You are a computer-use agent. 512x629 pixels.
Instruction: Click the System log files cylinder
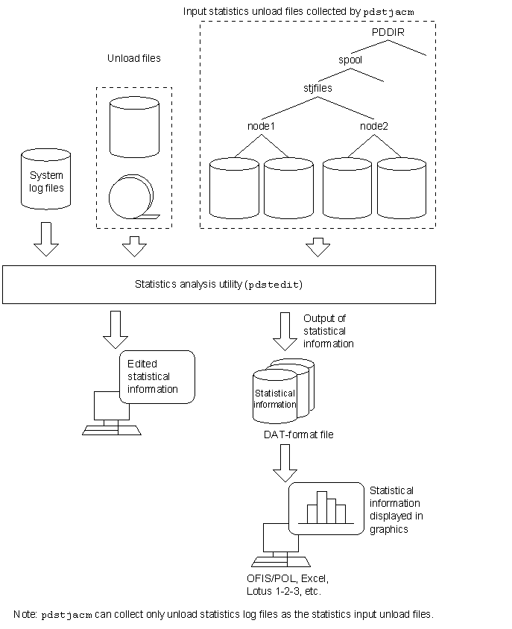[x=45, y=179]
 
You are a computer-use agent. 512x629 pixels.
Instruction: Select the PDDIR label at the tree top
[x=388, y=33]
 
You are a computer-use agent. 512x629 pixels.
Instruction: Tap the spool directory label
[x=350, y=60]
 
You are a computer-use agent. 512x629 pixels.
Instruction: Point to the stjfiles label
[x=317, y=88]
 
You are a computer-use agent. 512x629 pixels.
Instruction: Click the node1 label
[x=261, y=126]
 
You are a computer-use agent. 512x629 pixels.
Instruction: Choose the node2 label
[x=374, y=126]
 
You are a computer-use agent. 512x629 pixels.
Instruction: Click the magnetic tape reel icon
[x=133, y=197]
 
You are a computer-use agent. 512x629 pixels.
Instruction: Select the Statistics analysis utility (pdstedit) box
[x=219, y=285]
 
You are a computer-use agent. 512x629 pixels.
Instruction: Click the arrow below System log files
[x=46, y=239]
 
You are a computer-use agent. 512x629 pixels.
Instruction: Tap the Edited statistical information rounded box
[x=157, y=376]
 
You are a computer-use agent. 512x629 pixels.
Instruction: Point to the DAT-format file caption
[x=299, y=434]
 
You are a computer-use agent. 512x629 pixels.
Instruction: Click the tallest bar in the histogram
[x=322, y=507]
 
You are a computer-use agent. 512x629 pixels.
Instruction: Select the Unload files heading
[x=134, y=59]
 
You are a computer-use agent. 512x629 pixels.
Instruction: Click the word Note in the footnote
[x=25, y=614]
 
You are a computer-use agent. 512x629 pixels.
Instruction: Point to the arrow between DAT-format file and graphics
[x=285, y=464]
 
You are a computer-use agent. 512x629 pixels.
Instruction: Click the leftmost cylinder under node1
[x=234, y=188]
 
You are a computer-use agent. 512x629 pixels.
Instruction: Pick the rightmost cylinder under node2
[x=402, y=188]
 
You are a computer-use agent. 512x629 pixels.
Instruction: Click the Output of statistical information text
[x=329, y=331]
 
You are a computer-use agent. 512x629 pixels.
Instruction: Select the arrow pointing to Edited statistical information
[x=116, y=329]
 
